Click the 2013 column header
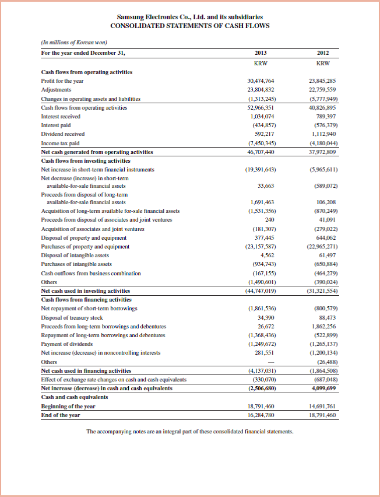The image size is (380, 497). [261, 52]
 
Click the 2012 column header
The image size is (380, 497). [322, 52]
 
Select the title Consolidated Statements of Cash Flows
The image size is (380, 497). [189, 26]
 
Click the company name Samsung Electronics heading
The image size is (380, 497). [189, 17]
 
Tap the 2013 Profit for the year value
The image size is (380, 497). [261, 81]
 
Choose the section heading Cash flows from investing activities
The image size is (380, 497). [86, 160]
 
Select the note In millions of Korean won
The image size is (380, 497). [74, 43]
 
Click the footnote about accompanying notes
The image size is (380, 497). [190, 432]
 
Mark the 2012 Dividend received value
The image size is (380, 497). [327, 134]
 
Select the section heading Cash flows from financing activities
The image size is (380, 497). [86, 299]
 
